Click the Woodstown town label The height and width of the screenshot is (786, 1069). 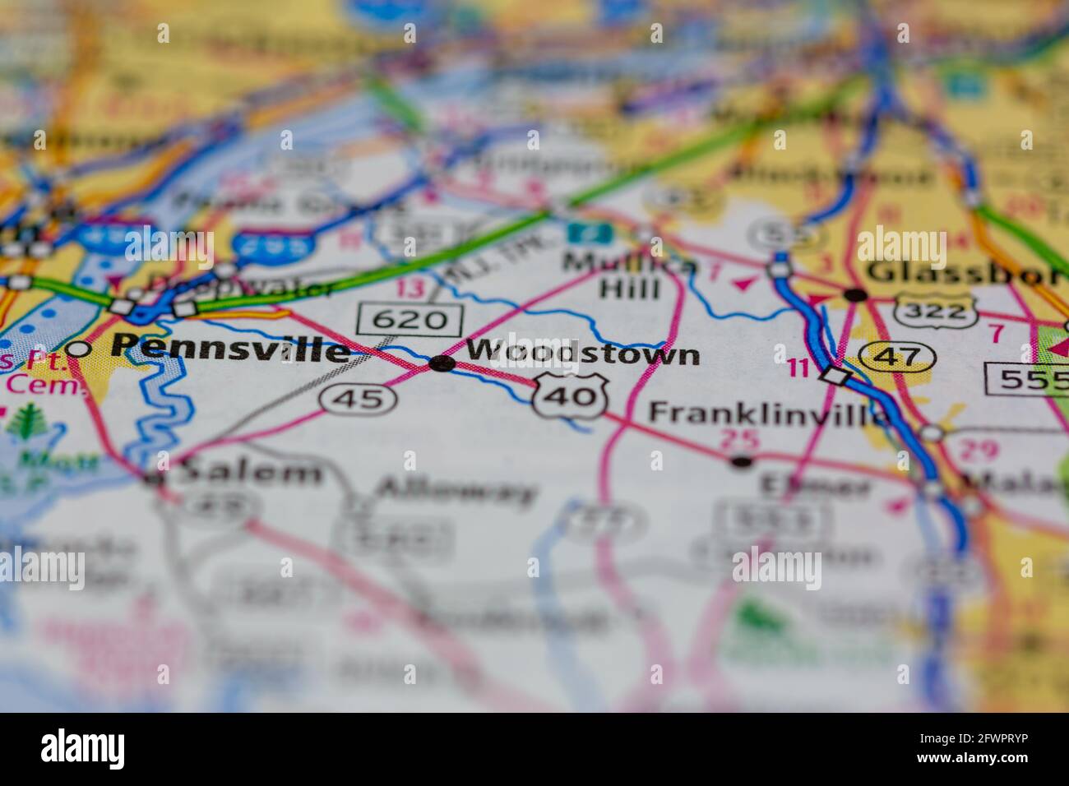tap(583, 353)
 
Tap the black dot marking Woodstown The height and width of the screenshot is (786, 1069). tap(442, 363)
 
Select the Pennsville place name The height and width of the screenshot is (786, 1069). tap(229, 349)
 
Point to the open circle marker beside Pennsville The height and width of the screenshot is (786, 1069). tap(78, 349)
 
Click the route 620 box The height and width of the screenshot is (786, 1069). tap(409, 318)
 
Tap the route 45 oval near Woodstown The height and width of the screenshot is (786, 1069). tap(359, 399)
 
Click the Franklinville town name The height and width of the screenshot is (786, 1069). tap(769, 412)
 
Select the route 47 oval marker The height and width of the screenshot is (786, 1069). tap(896, 356)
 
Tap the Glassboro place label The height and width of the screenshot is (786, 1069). tap(967, 272)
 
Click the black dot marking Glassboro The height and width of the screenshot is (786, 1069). tap(856, 294)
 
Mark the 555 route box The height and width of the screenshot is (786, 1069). tap(1028, 378)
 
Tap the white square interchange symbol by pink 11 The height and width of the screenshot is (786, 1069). tap(836, 376)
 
